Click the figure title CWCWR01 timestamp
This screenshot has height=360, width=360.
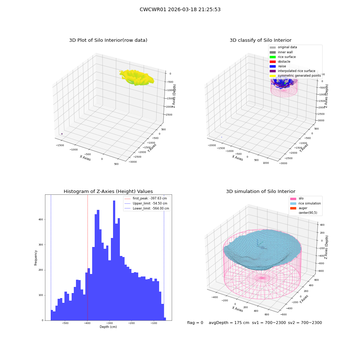point(180,9)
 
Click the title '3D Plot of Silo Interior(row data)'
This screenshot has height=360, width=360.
point(108,40)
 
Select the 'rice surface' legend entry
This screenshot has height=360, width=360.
point(282,57)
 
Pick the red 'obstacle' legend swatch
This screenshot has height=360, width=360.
point(273,62)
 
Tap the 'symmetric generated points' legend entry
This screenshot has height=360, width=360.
point(295,76)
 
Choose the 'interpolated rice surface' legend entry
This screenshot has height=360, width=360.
point(292,71)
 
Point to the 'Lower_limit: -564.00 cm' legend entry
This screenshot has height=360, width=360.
point(147,208)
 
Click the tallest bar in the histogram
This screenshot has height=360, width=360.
point(114,260)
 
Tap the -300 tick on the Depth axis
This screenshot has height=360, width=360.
point(109,323)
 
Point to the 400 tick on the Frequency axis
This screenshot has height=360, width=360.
point(41,220)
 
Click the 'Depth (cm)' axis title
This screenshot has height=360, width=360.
point(108,327)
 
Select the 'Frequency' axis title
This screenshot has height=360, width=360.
point(36,258)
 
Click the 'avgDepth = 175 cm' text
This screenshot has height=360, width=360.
point(229,323)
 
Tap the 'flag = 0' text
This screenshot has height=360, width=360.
point(195,323)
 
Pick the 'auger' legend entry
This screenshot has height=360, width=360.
point(298,208)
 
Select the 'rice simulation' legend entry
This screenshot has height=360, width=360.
point(305,203)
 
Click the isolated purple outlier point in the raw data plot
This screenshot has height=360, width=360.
point(62,134)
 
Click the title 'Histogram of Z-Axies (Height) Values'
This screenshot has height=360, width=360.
point(108,192)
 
